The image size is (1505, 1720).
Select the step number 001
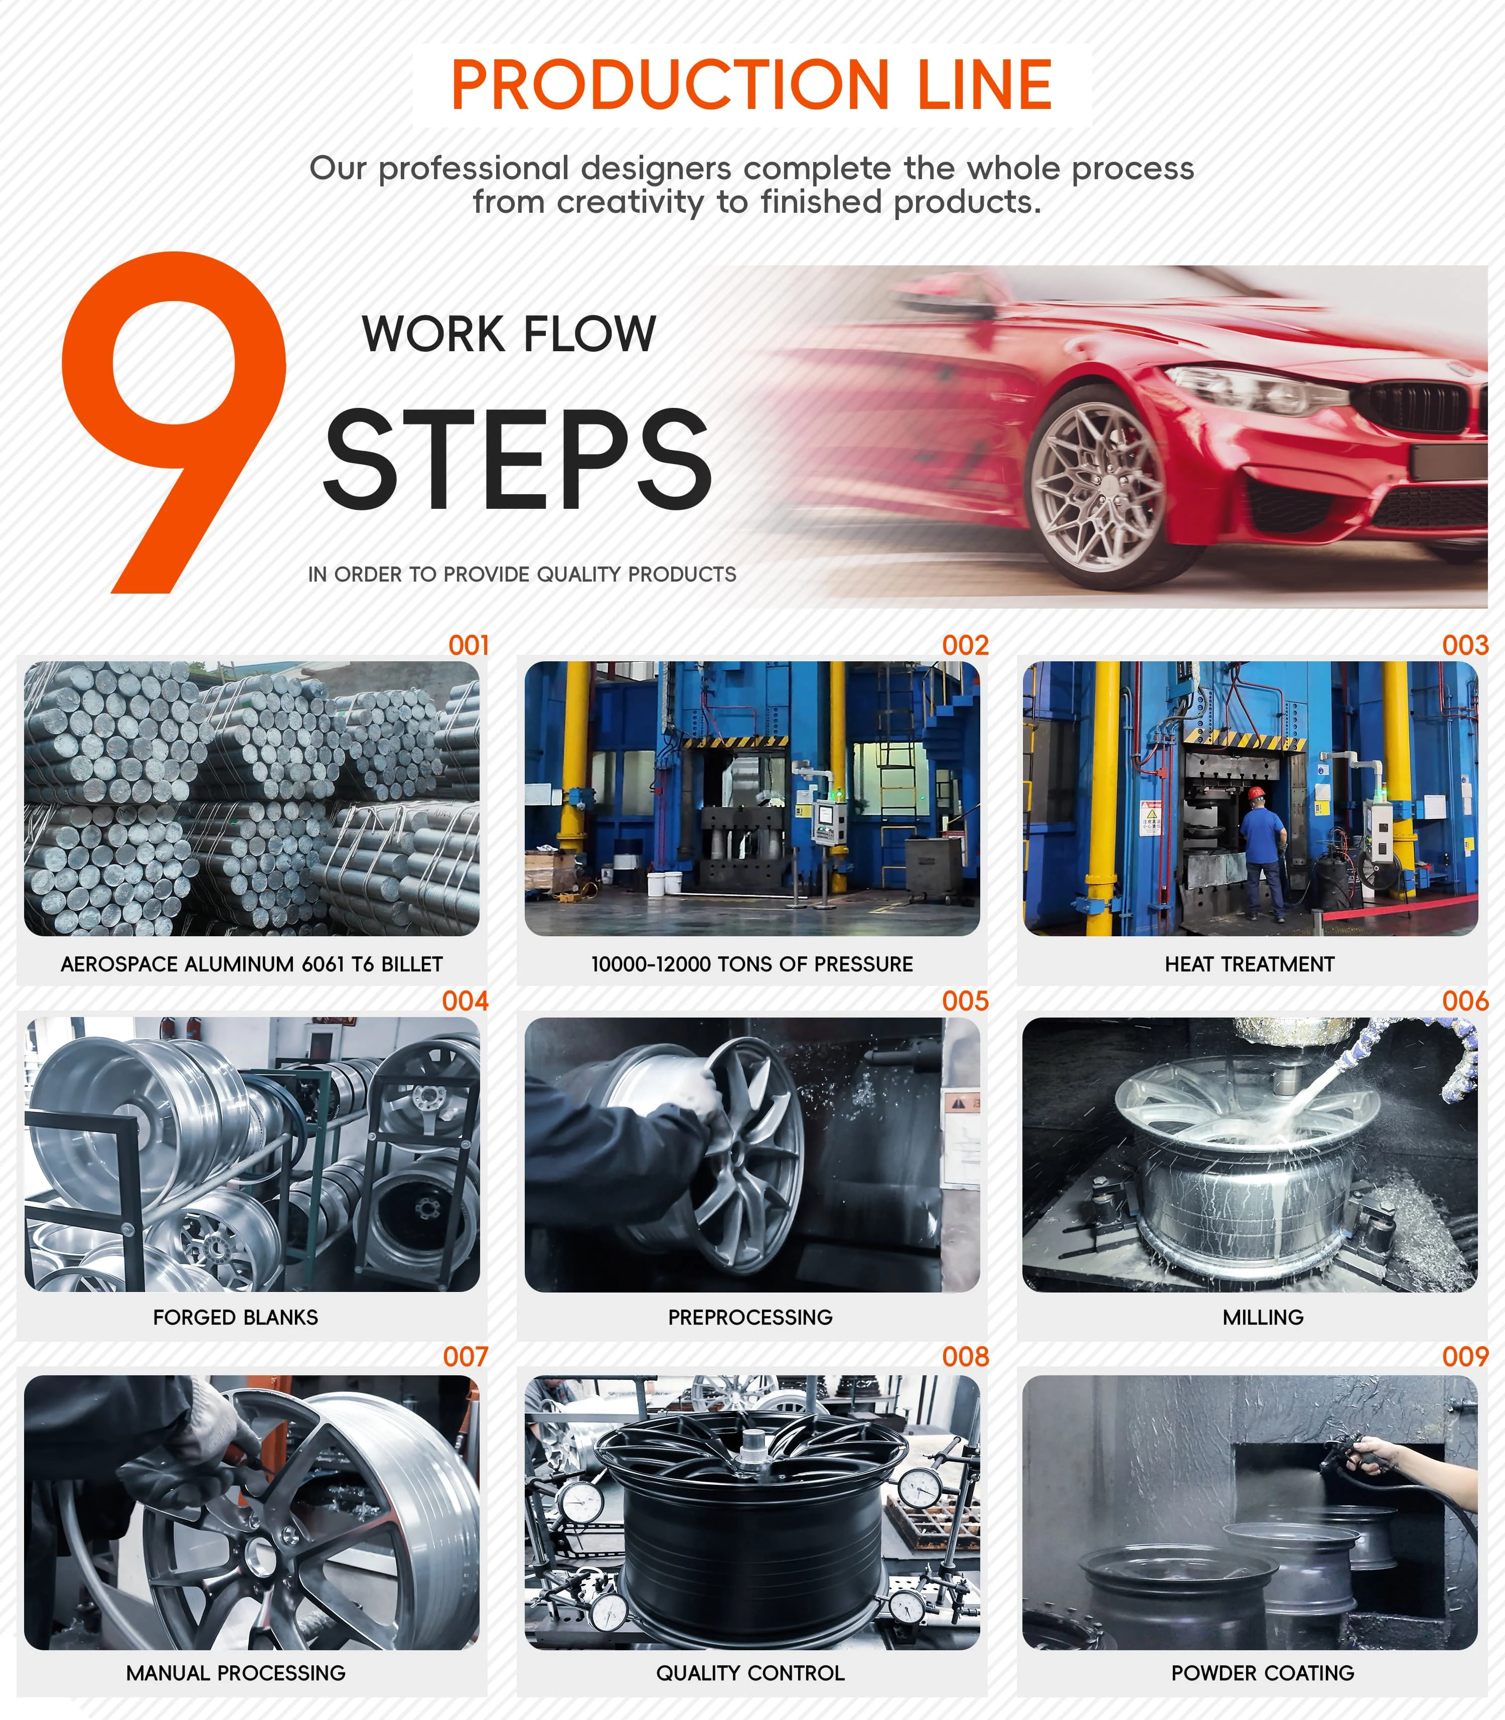(x=469, y=645)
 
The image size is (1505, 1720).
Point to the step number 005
(x=965, y=1001)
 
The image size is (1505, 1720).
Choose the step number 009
(x=1465, y=1356)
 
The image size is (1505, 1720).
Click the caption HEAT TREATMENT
(x=1249, y=964)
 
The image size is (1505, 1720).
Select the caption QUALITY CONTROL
(x=750, y=1673)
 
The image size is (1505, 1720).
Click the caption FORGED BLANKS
(x=235, y=1317)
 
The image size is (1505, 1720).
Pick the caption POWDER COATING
(x=1262, y=1673)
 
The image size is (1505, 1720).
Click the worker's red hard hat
(x=1256, y=793)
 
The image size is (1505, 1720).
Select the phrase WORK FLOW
(x=509, y=334)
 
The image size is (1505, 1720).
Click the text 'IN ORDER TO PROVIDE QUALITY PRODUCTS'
(x=522, y=575)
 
